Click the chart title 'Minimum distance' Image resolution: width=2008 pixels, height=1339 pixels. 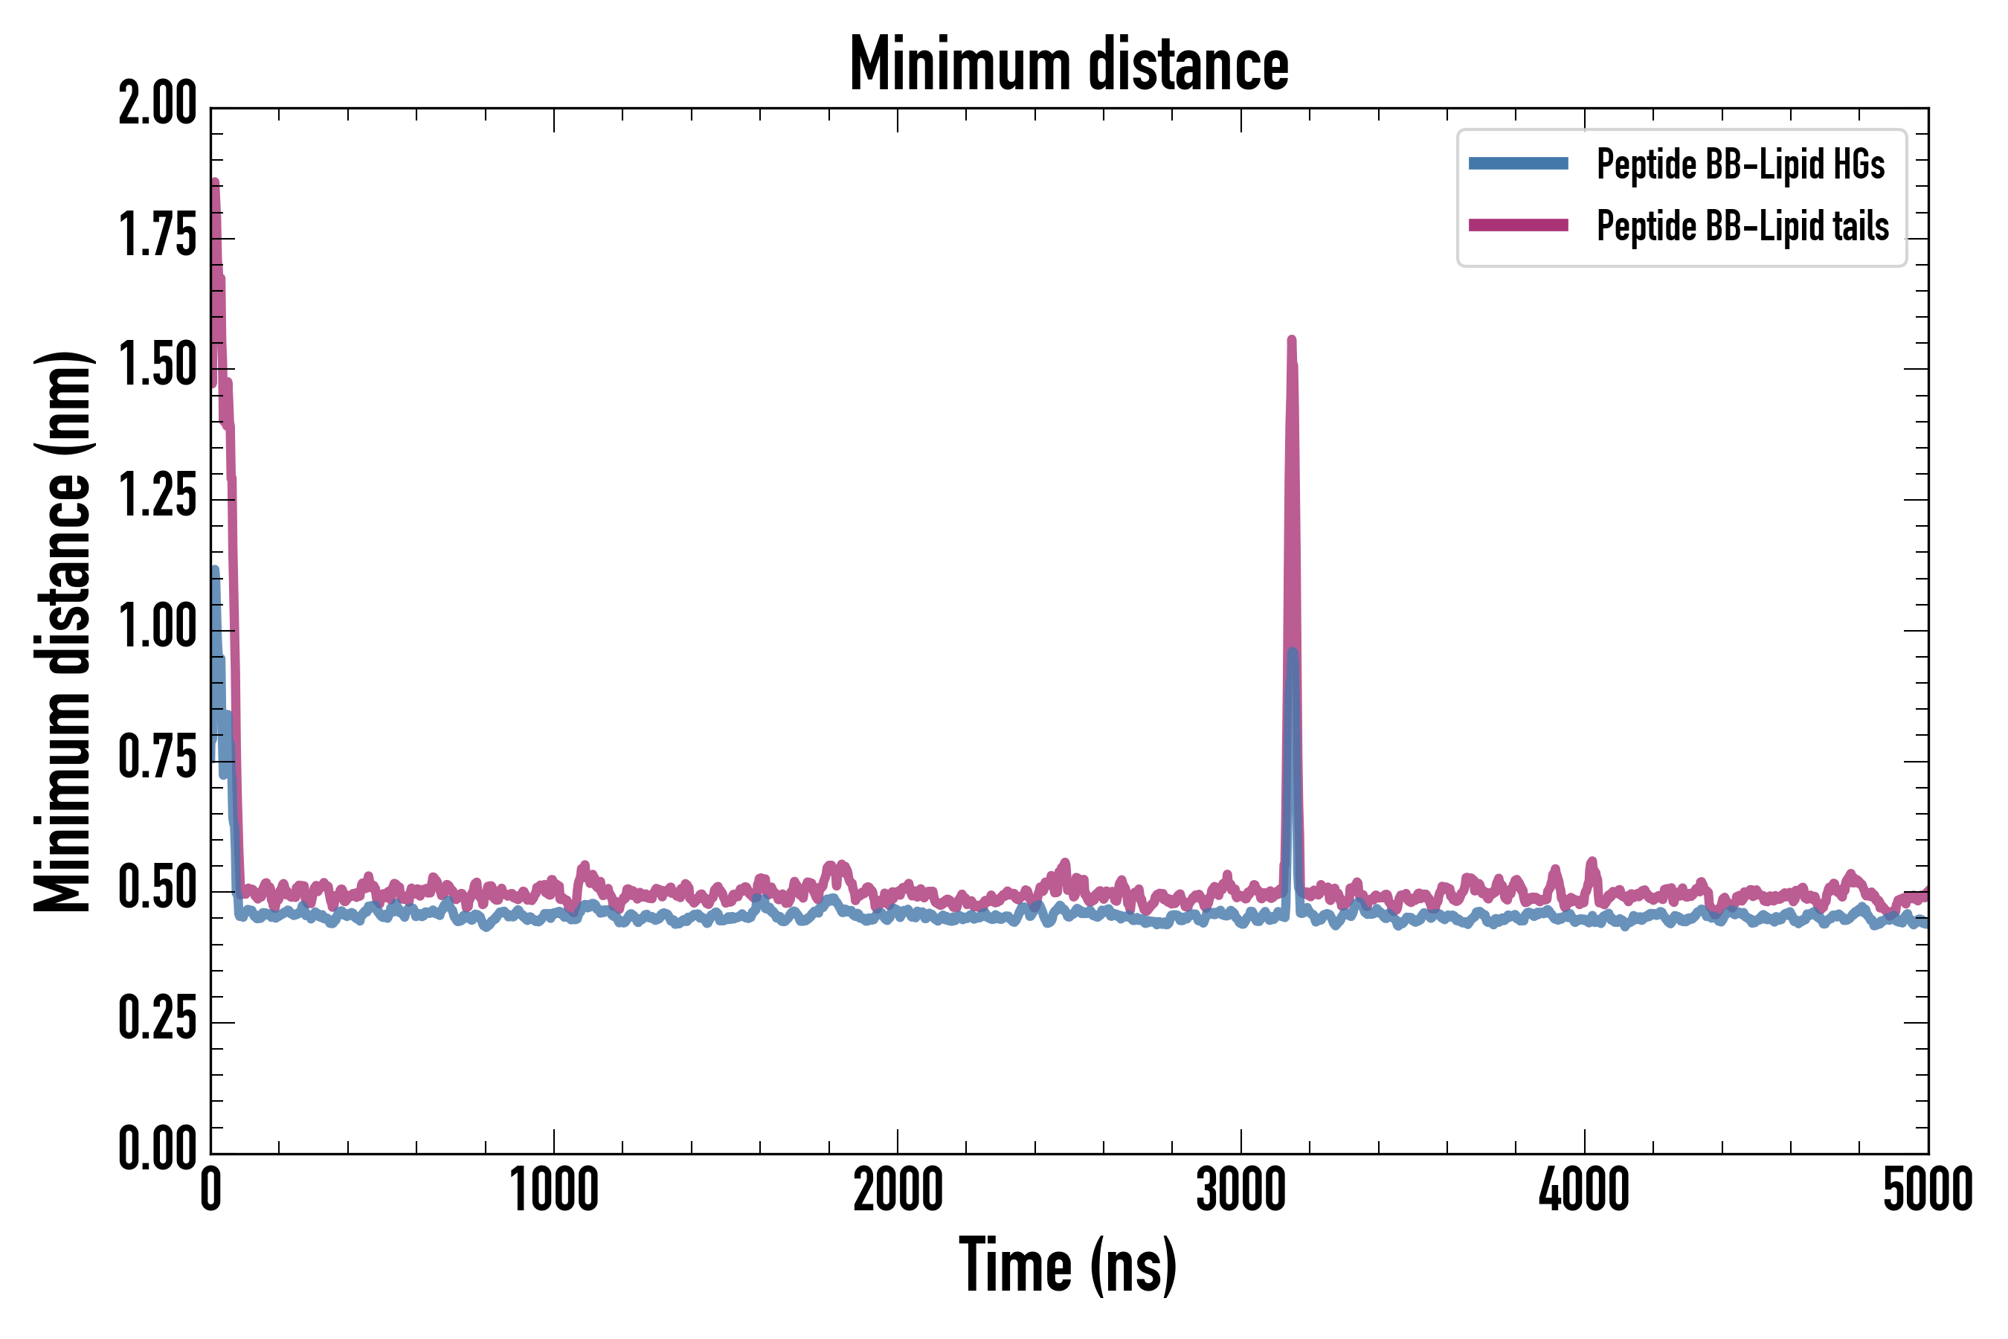1068,65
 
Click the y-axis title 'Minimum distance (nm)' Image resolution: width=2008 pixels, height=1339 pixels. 62,631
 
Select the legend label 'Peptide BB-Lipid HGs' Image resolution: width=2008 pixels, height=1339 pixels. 1740,164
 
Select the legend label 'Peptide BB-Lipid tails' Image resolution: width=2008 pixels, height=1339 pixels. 1742,226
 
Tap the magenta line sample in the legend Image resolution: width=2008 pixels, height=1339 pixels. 1518,225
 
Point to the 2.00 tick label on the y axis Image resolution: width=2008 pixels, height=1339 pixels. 158,105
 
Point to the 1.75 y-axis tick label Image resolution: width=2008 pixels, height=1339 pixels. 158,236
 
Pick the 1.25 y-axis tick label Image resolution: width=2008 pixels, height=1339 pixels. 158,497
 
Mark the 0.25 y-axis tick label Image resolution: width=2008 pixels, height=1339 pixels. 158,1020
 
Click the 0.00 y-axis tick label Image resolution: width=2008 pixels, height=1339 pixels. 158,1149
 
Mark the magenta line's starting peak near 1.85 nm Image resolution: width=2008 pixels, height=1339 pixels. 214,183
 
